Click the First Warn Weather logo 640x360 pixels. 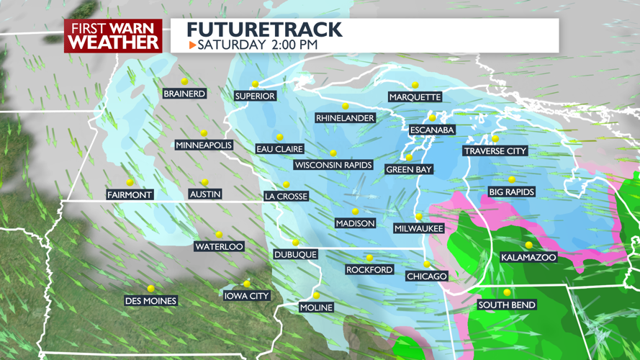[114, 35]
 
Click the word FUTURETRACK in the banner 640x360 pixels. [264, 30]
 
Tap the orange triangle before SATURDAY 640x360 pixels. [192, 45]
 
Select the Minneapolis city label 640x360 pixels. [204, 145]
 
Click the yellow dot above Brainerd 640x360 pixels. [184, 81]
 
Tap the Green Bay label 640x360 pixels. [409, 170]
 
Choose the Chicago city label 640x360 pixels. [427, 276]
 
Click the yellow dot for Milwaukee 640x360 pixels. [419, 217]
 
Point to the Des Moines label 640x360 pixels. [150, 301]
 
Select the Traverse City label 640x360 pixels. [495, 151]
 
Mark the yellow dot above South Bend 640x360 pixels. [507, 292]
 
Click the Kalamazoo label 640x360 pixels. [528, 257]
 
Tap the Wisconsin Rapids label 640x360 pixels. [333, 165]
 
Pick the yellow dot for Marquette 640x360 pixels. [415, 85]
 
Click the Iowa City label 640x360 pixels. [246, 296]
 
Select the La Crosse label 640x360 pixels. [286, 197]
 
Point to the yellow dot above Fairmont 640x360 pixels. [130, 183]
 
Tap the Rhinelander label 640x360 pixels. [345, 118]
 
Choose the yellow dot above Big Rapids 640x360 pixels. [512, 180]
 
